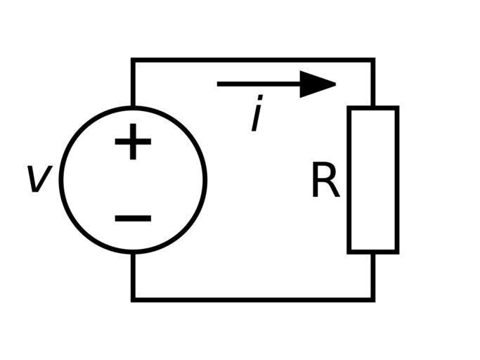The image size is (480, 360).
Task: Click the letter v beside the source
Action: (38, 179)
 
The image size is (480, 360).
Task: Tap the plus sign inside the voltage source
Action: (133, 143)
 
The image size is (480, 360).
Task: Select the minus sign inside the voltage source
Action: (133, 218)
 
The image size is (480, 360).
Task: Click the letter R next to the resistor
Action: (325, 182)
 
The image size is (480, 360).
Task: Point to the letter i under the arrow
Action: (258, 115)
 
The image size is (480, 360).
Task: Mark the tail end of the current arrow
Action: (219, 84)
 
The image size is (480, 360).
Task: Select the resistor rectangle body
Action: (373, 180)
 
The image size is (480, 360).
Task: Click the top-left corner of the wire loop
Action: (133, 60)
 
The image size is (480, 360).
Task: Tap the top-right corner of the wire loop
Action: (373, 60)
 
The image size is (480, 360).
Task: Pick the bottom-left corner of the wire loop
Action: (133, 300)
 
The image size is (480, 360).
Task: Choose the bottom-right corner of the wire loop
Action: (373, 300)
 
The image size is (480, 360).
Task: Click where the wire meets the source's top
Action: (133, 108)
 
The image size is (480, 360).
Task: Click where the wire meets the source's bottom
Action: (133, 252)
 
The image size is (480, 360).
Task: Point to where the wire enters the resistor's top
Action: (373, 108)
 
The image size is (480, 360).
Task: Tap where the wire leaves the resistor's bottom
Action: (373, 252)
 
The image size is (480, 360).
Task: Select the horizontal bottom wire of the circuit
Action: (253, 300)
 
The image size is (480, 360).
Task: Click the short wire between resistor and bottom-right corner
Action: (373, 276)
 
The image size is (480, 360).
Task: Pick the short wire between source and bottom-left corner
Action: (133, 276)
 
